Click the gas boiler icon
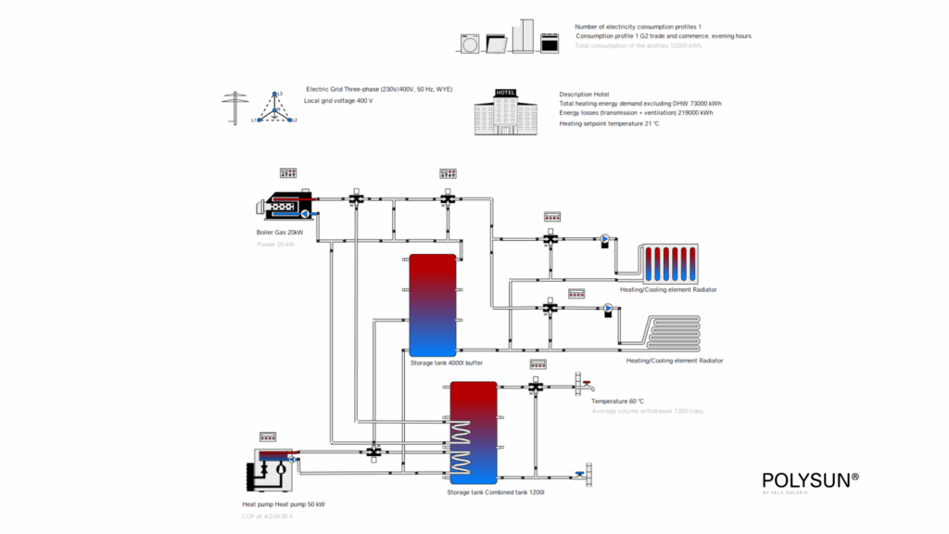coord(288,207)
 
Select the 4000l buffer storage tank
coord(432,304)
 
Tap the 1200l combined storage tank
coord(474,432)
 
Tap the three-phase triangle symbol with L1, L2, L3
coord(274,108)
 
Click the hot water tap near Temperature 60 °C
coord(584,383)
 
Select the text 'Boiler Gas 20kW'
coord(280,232)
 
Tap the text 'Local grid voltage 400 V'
coord(338,100)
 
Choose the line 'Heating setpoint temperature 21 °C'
coord(609,123)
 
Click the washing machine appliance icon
coord(471,43)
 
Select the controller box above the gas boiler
coord(287,172)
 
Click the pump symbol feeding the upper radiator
coord(605,239)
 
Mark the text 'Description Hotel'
coord(584,95)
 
